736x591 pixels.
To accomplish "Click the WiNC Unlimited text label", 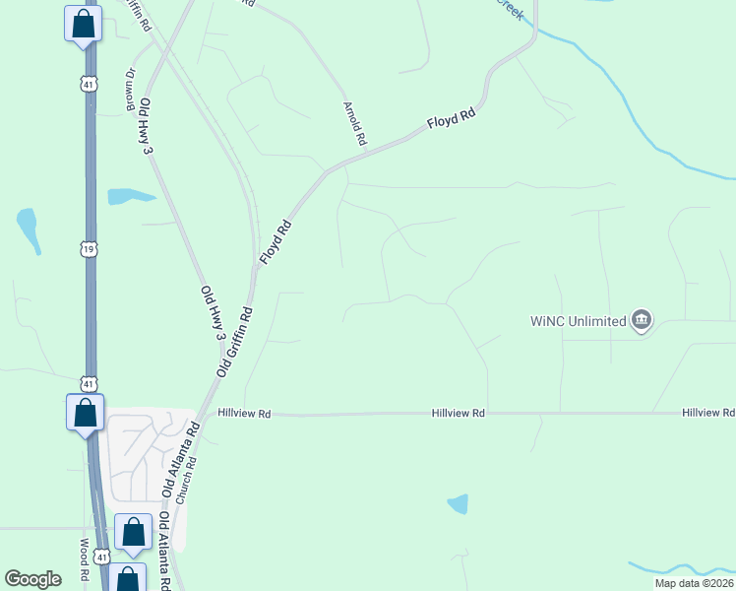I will click(578, 321).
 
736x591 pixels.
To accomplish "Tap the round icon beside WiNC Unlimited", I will click(642, 320).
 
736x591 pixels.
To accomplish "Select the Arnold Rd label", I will click(353, 123).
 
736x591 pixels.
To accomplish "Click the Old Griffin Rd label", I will click(235, 341).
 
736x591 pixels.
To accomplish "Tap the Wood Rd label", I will click(85, 559).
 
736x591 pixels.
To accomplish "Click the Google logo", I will click(32, 578).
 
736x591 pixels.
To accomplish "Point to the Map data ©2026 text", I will click(693, 583).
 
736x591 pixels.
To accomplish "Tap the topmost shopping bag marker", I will click(84, 24).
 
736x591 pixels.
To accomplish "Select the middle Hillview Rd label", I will click(460, 414).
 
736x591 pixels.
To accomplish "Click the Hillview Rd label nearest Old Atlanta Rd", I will click(244, 414).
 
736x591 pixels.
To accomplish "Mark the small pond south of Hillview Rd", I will click(458, 504).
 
